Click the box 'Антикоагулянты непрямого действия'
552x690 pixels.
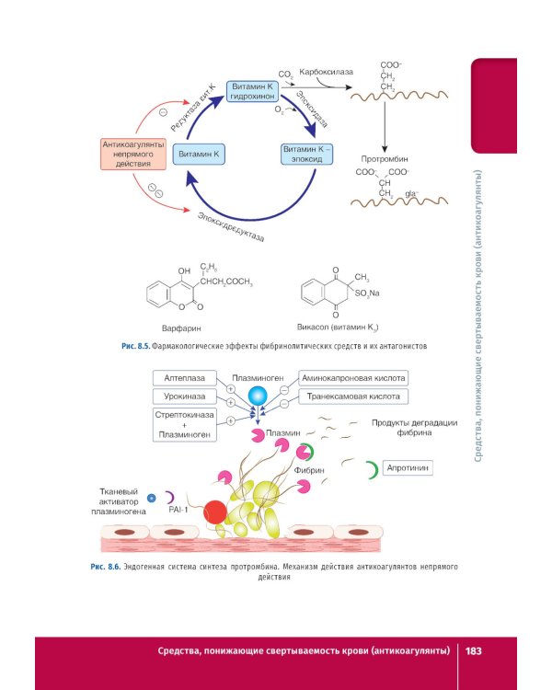tap(132, 154)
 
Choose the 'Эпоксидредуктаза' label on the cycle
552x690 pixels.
tap(230, 225)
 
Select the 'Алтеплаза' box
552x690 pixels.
tap(184, 377)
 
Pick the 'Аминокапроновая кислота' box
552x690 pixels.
tap(353, 378)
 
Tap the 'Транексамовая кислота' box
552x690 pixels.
tap(353, 397)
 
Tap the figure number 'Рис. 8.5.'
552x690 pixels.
tap(135, 348)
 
